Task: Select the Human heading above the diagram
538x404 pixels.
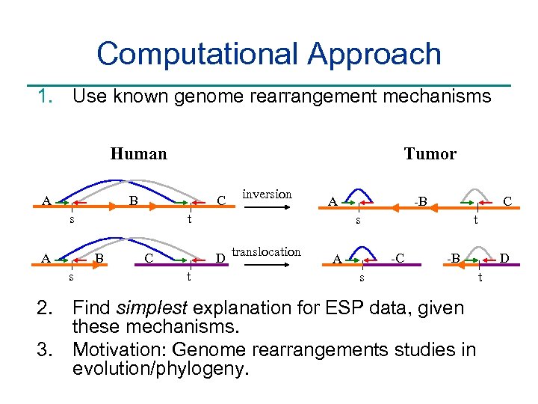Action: pos(138,154)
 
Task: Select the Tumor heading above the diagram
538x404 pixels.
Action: pos(430,154)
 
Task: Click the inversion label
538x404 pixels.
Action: pos(267,195)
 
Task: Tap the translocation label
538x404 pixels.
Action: pos(267,252)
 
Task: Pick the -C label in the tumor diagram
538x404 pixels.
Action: pos(398,259)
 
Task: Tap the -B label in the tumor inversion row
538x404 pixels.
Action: pos(421,201)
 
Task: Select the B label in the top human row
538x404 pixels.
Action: pos(133,201)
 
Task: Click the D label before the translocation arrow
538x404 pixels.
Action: pos(220,259)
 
